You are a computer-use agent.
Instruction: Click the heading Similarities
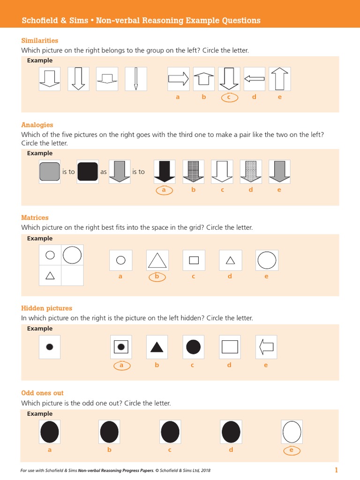tap(40, 41)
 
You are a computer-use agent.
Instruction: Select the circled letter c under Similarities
tap(229, 97)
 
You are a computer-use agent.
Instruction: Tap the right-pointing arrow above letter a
tap(179, 79)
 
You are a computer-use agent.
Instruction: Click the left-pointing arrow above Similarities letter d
tap(254, 79)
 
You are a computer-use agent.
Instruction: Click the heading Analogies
tap(37, 125)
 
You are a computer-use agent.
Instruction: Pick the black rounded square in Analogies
tap(88, 172)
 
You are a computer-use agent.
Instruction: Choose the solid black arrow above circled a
tap(165, 172)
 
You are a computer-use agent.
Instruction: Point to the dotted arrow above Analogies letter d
tap(251, 172)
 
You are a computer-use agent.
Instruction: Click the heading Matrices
tap(35, 217)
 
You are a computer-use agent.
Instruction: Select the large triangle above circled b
tap(157, 260)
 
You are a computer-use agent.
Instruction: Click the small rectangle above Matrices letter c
tap(194, 260)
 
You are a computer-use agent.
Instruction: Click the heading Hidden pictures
tap(46, 308)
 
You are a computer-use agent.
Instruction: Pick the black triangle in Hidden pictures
tap(157, 347)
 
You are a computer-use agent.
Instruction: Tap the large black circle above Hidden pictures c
tap(193, 347)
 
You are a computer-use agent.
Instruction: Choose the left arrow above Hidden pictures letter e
tap(266, 347)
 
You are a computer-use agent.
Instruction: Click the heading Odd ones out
tap(42, 393)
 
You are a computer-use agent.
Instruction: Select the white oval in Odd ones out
tap(292, 432)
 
